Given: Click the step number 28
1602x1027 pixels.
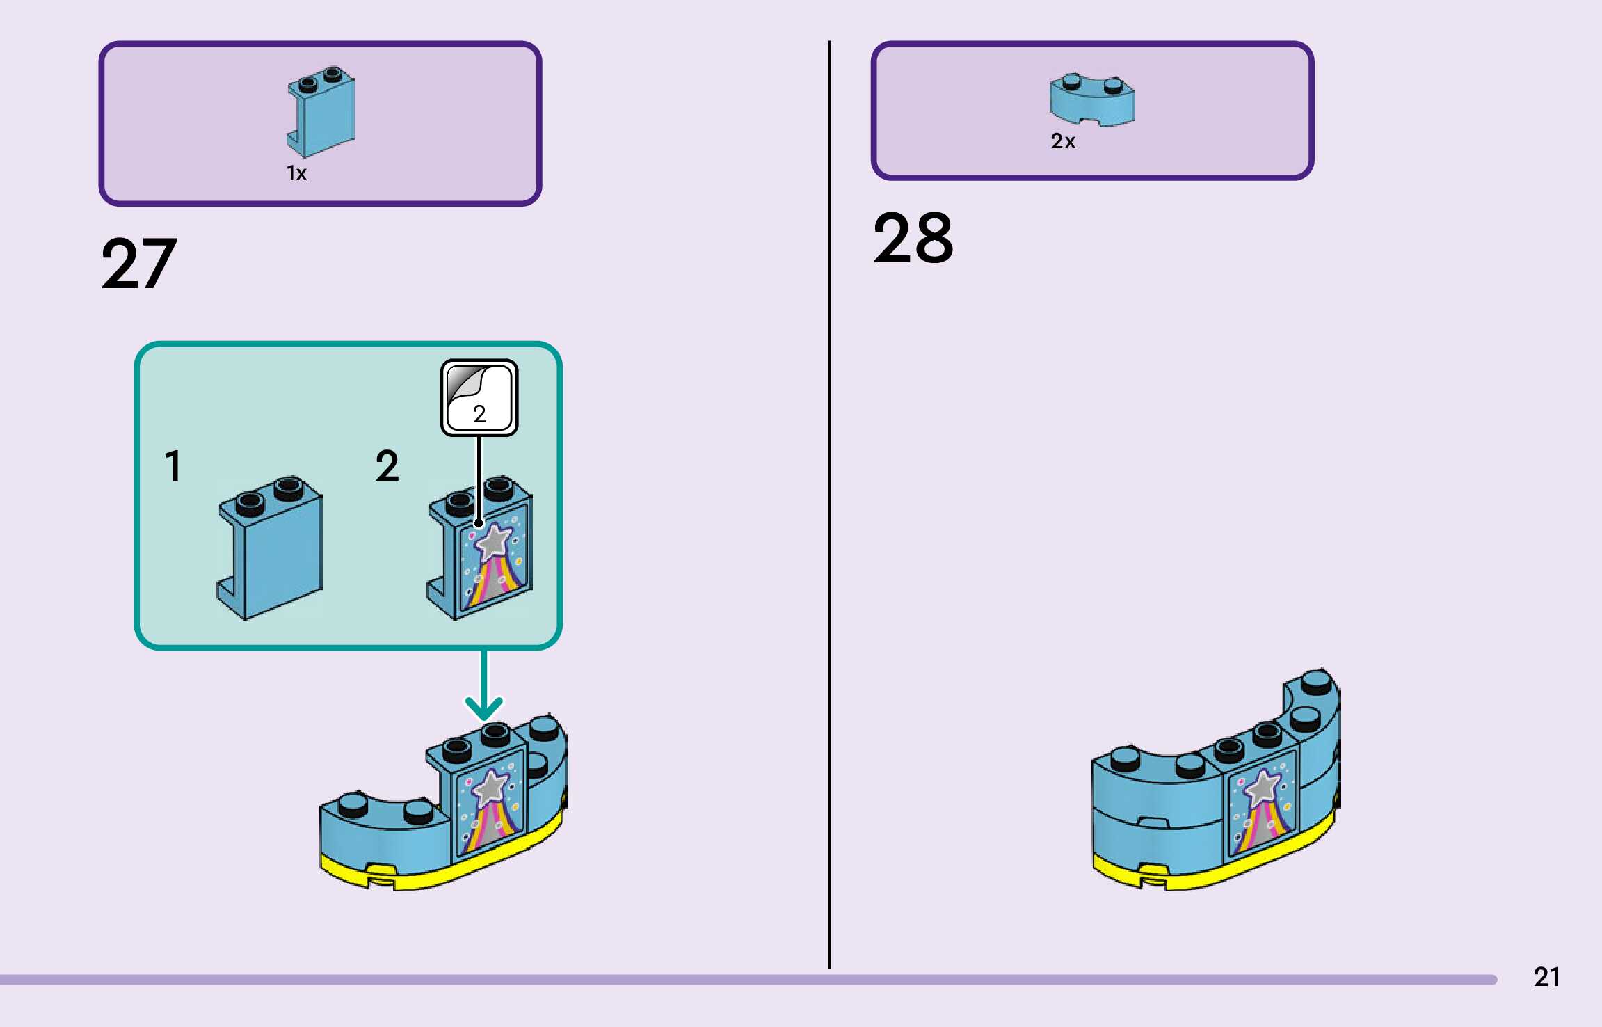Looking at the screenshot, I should [913, 239].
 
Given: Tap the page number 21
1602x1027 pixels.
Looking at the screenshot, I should [1546, 977].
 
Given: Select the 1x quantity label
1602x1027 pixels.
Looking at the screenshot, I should [296, 173].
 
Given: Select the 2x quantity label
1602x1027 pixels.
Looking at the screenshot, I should [1062, 141].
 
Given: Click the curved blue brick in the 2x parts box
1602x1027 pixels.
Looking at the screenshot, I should [1091, 102].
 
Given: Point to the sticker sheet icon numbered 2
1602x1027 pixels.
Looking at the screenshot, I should [479, 397].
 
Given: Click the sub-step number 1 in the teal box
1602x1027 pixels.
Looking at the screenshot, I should [173, 465].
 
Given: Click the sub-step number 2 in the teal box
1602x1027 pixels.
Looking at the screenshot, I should [387, 465].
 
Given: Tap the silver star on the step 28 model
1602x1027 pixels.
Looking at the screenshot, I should [1263, 787].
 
